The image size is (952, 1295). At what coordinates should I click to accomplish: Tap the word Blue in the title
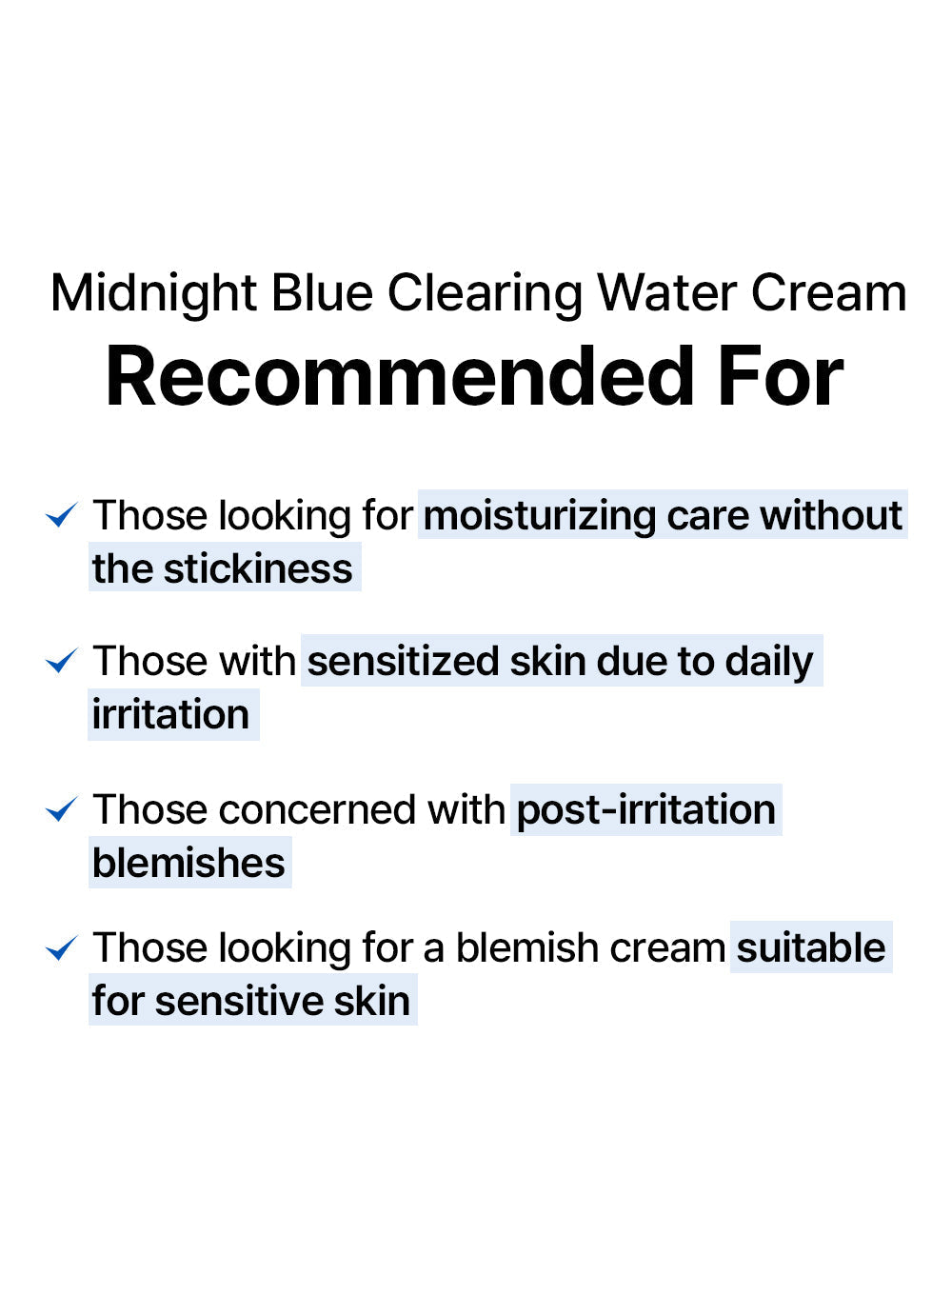[322, 293]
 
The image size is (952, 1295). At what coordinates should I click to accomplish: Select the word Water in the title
[666, 293]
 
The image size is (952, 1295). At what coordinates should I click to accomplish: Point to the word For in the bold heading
[781, 376]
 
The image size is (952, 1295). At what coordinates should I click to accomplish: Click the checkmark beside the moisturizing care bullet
[62, 514]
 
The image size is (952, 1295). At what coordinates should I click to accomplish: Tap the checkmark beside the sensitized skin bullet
[62, 660]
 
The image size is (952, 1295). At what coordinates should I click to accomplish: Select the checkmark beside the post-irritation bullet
[62, 808]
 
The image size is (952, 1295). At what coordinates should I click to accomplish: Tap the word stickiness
[258, 568]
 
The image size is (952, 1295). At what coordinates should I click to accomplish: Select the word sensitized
[403, 661]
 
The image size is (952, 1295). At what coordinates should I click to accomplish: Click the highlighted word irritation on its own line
[170, 714]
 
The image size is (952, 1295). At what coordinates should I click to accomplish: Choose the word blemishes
[188, 863]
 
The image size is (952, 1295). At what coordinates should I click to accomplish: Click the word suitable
[811, 947]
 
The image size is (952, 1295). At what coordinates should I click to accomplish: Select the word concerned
[317, 809]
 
